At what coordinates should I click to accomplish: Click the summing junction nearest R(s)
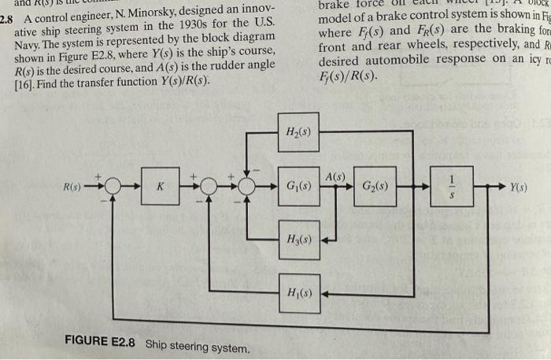click(112, 187)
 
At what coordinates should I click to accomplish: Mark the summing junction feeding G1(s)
click(248, 187)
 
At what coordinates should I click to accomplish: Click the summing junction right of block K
click(208, 187)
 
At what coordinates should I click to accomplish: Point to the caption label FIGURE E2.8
click(100, 343)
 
